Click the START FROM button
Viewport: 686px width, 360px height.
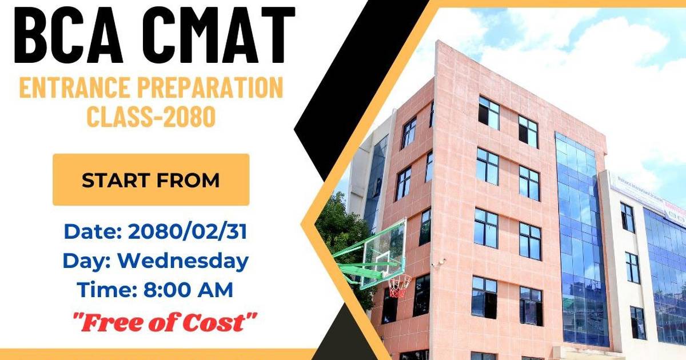(151, 180)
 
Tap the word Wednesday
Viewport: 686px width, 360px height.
(183, 261)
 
